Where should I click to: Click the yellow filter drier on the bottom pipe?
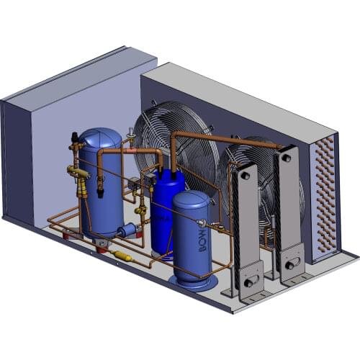[x=123, y=256]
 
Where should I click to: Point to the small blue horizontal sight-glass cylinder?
[x=127, y=230]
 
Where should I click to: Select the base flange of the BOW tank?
[x=191, y=282]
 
